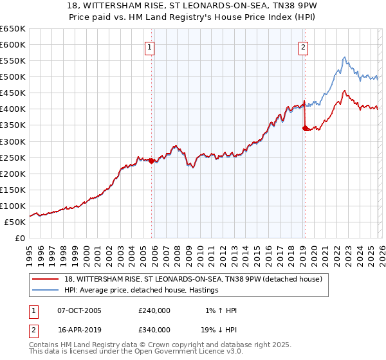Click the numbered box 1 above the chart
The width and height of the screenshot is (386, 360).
click(149, 46)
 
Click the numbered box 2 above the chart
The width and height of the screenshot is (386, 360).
click(302, 46)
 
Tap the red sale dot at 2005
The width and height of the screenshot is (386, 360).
click(152, 161)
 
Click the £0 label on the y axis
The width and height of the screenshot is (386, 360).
click(19, 239)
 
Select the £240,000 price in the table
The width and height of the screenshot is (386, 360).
click(154, 310)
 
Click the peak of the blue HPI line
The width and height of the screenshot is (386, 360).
click(344, 57)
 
